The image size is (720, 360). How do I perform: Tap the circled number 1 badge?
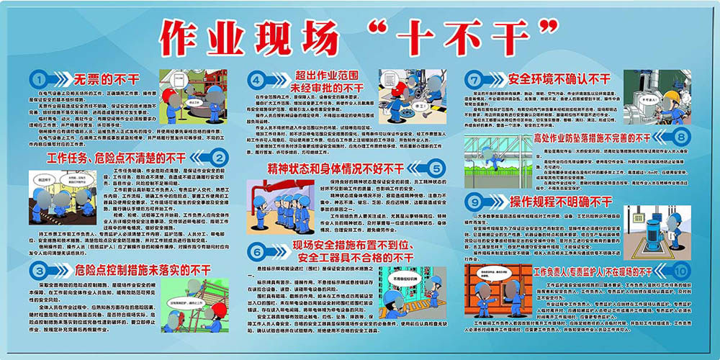38,78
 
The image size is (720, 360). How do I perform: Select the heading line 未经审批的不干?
327,88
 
